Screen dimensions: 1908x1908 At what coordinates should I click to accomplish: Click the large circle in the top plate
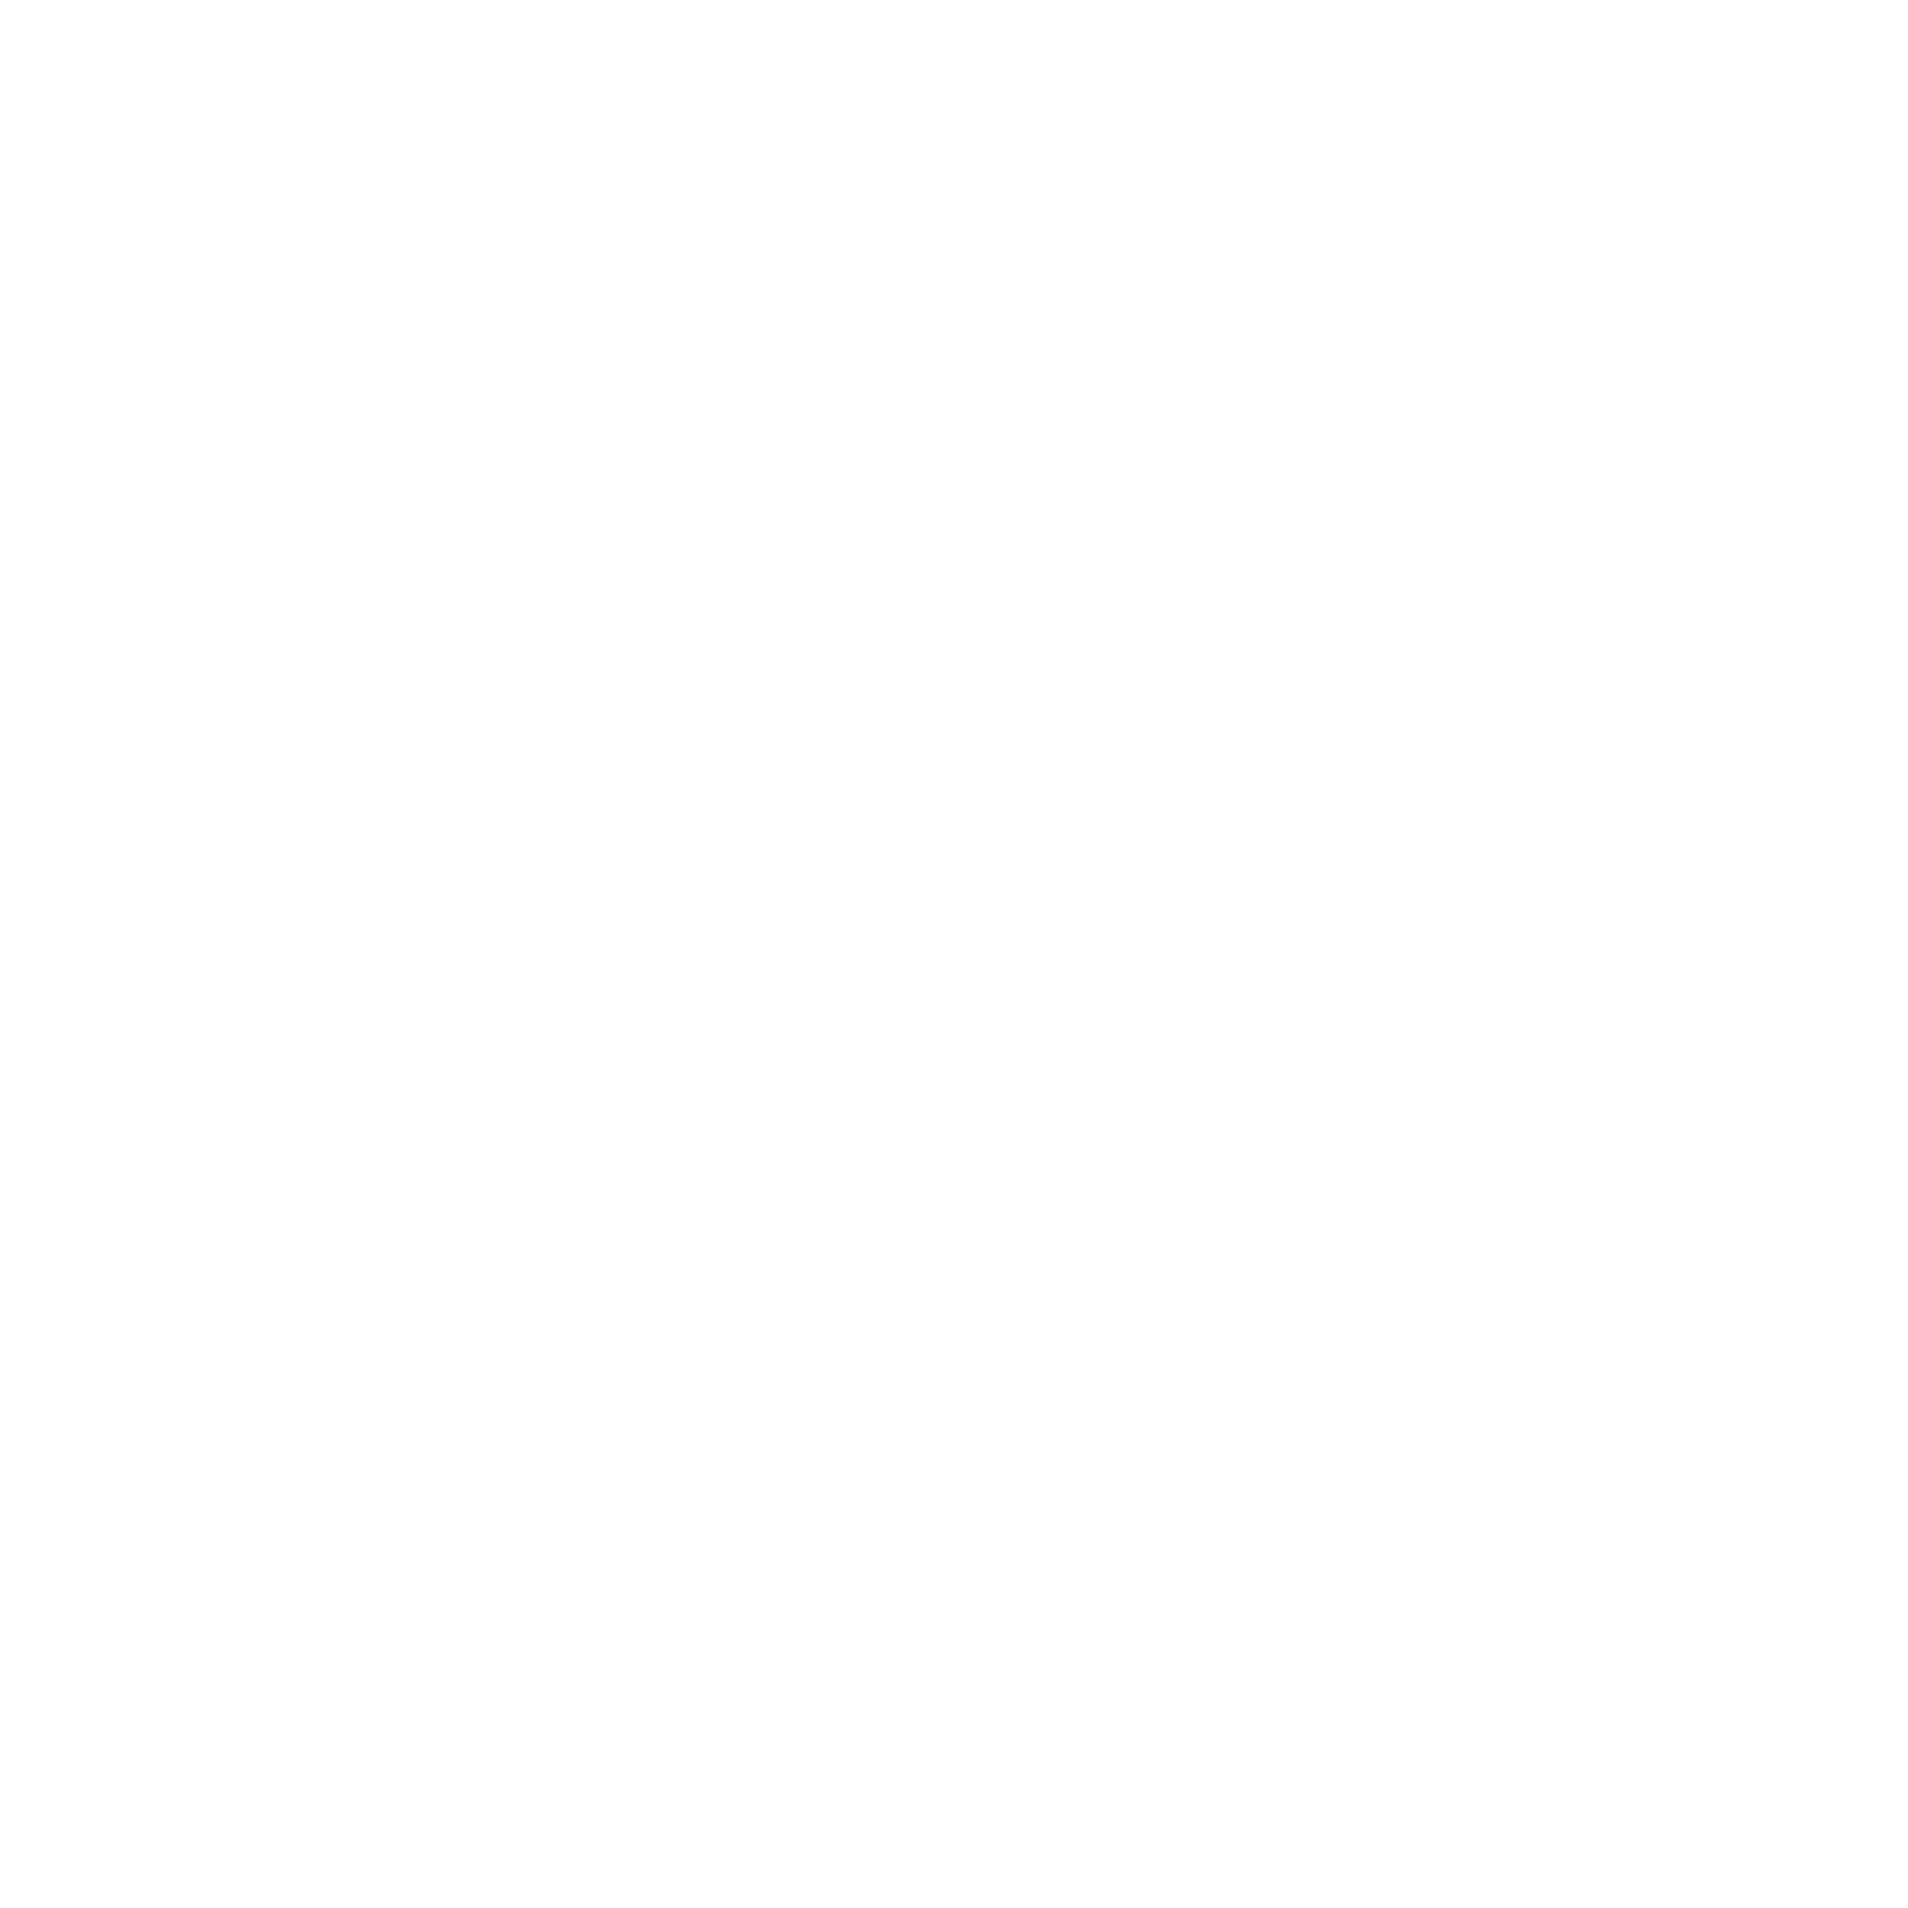837,188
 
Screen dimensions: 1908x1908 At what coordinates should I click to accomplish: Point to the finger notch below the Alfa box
1453,815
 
